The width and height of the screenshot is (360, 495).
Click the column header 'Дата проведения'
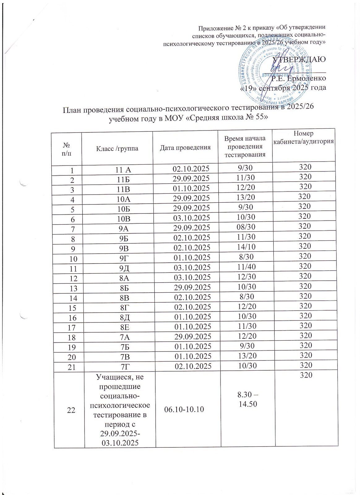pos(185,148)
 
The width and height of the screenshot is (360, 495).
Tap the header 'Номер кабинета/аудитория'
pos(303,137)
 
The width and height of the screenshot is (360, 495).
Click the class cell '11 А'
pos(116,169)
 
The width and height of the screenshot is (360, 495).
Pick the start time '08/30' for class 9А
pos(245,227)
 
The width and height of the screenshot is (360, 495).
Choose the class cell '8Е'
pos(119,326)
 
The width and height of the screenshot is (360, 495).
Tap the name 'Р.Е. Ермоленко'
pos(298,78)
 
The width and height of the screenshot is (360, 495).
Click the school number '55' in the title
pos(257,118)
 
